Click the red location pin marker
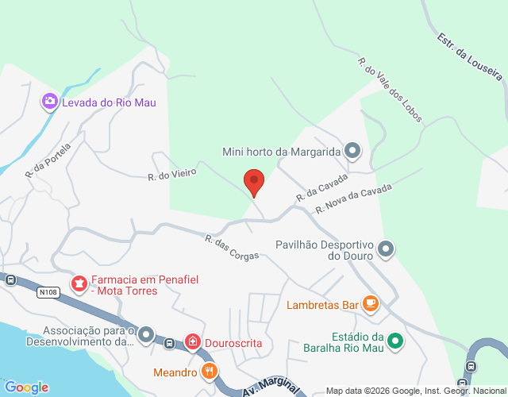point(253,183)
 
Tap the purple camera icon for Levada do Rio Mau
point(50,101)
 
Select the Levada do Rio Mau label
point(109,102)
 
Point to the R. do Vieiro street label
point(171,175)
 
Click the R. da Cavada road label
point(321,187)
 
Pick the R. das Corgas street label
point(232,250)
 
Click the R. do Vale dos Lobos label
point(390,89)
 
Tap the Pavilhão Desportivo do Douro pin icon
point(386,249)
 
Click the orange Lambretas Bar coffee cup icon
point(370,303)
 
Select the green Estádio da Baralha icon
point(394,342)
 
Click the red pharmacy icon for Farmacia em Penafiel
point(79,283)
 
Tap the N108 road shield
point(48,293)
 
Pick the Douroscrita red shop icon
point(193,341)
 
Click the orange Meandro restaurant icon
point(210,371)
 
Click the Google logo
point(25,387)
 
